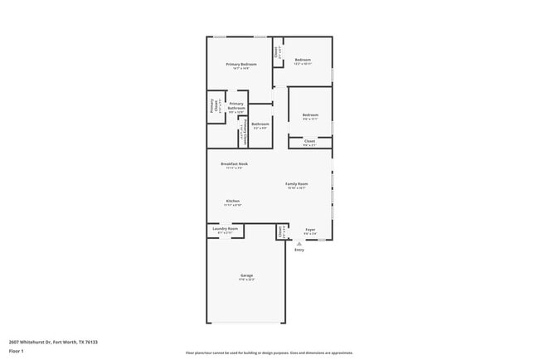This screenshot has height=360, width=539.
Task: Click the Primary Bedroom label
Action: (241, 64)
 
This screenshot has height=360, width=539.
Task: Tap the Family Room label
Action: (297, 184)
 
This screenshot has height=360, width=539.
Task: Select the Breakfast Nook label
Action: (234, 164)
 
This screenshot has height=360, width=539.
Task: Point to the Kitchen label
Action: (233, 202)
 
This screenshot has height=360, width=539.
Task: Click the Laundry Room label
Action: (226, 229)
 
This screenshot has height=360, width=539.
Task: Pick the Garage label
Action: (247, 275)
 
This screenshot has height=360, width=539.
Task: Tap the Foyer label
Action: (309, 230)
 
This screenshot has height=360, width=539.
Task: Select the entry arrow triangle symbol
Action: (299, 244)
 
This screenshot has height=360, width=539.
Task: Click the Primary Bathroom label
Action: (236, 106)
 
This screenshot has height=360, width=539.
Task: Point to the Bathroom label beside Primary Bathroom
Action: (260, 124)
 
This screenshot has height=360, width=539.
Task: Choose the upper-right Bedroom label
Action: (302, 60)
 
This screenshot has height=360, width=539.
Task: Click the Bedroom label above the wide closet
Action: (310, 115)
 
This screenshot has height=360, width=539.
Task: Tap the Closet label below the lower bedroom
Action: (309, 142)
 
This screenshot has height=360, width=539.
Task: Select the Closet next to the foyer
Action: (281, 231)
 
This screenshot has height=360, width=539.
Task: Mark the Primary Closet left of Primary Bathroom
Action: (213, 105)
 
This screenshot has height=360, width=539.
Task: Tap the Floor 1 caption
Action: (17, 352)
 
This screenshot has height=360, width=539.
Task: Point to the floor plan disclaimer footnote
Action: (269, 353)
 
